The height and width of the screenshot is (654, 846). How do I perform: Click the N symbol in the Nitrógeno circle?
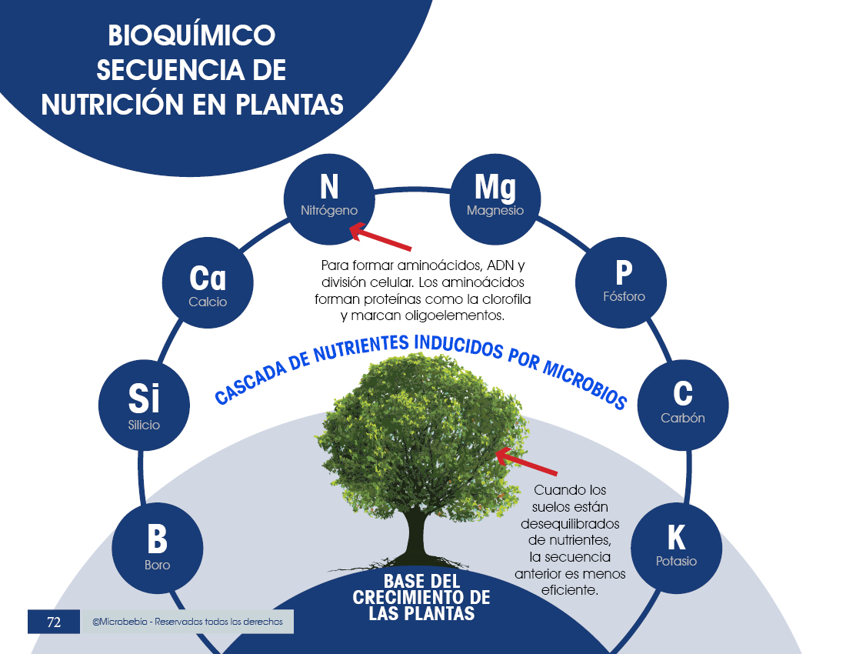coord(328,186)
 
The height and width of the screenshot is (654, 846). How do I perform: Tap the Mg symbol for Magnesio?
coord(495,186)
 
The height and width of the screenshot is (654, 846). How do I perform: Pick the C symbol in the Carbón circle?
coord(682,393)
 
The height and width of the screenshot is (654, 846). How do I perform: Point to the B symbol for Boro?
coord(157,539)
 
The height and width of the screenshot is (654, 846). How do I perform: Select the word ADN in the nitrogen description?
coord(500,265)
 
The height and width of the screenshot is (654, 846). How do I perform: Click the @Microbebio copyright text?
coord(187,622)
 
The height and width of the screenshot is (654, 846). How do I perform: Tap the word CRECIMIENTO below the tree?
coord(421,597)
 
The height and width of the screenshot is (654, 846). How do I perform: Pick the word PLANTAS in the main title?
coord(288,104)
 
